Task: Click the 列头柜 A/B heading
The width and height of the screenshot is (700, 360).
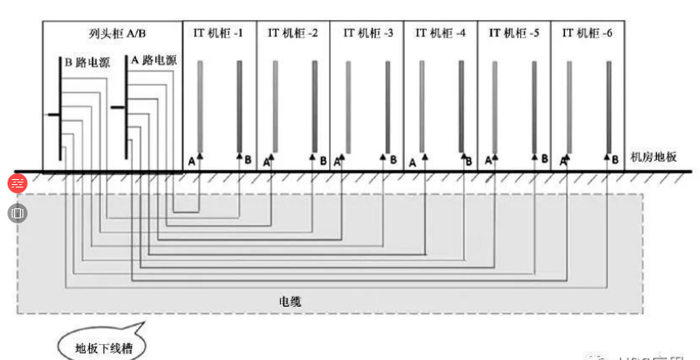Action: pos(112,33)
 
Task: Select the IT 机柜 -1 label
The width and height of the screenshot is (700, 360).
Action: pos(219,33)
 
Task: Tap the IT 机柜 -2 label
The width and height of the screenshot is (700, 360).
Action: pos(292,33)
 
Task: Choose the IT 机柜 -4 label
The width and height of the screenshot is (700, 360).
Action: pos(441,33)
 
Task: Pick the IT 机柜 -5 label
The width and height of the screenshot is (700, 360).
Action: pos(513,33)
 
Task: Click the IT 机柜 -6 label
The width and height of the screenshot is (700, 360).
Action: pos(587,33)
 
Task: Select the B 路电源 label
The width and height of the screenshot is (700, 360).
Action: pos(87,62)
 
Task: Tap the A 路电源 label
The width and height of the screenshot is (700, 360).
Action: pos(154,60)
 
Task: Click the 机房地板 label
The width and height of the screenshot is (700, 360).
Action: pos(654,157)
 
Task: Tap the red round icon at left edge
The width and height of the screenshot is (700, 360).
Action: pos(17,184)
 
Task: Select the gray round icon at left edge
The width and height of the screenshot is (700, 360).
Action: pos(17,212)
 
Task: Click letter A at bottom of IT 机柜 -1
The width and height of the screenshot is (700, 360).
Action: pos(192,160)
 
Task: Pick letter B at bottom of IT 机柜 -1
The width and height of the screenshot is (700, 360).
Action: pos(247,159)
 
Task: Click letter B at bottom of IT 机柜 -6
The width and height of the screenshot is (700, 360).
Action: pos(615,158)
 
